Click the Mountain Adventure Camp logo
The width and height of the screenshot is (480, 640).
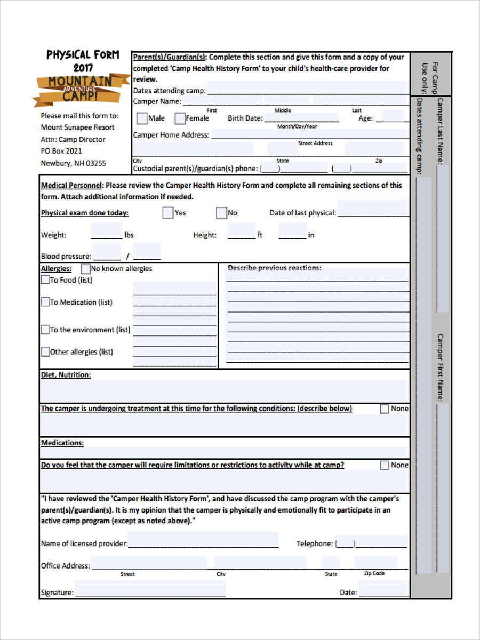pyautogui.click(x=80, y=88)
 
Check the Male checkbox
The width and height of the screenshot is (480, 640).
pyautogui.click(x=142, y=118)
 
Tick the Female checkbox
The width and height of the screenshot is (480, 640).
pyautogui.click(x=180, y=118)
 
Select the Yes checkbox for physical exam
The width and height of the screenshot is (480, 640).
pyautogui.click(x=168, y=213)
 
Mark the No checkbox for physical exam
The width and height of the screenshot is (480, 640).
pyautogui.click(x=221, y=213)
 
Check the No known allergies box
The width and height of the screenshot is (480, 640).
pyautogui.click(x=85, y=269)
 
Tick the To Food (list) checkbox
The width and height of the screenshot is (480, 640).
pyautogui.click(x=45, y=279)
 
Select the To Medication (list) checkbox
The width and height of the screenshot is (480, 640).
pyautogui.click(x=45, y=302)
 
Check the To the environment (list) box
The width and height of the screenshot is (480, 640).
pyautogui.click(x=45, y=330)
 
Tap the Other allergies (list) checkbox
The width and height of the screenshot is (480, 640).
pyautogui.click(x=45, y=352)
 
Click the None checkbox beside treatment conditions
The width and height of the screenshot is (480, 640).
pyautogui.click(x=385, y=409)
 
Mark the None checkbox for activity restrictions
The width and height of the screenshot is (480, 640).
pyautogui.click(x=385, y=465)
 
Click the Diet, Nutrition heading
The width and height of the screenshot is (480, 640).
pyautogui.click(x=66, y=375)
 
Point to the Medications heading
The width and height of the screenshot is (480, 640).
pyautogui.click(x=62, y=443)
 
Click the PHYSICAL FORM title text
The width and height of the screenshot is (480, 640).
pyautogui.click(x=83, y=55)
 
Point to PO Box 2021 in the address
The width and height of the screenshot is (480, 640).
pyautogui.click(x=61, y=151)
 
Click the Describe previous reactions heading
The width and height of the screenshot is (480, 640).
pyautogui.click(x=274, y=268)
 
